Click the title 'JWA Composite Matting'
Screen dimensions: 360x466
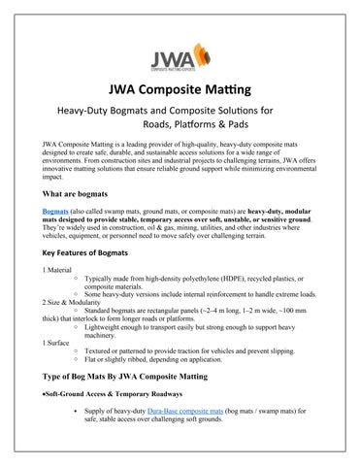pyautogui.click(x=180, y=92)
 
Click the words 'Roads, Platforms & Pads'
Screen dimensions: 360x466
pyautogui.click(x=213, y=129)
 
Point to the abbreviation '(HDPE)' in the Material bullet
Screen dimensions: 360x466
pyautogui.click(x=228, y=276)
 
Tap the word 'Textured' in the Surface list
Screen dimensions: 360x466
pyautogui.click(x=99, y=351)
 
